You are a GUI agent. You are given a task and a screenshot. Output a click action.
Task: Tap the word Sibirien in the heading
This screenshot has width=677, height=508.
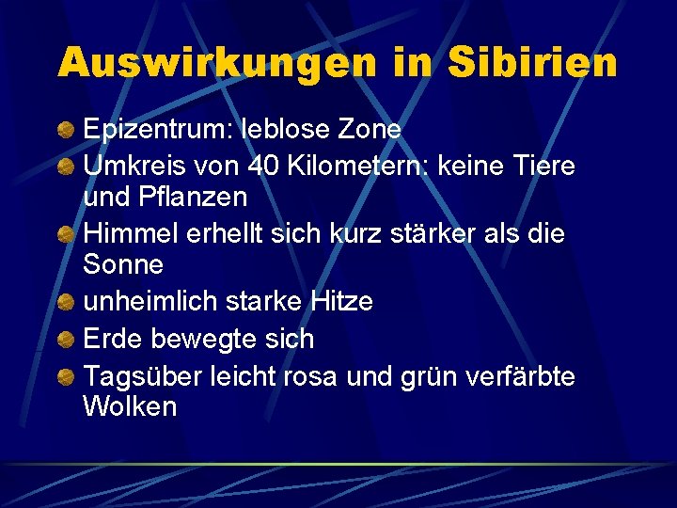[533, 62]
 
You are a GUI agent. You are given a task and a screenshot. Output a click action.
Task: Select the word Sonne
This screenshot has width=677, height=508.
[123, 265]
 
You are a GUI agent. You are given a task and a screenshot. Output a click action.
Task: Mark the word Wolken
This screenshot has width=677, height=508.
[130, 407]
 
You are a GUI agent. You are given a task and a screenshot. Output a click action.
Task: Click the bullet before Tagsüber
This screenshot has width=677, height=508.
[67, 377]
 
